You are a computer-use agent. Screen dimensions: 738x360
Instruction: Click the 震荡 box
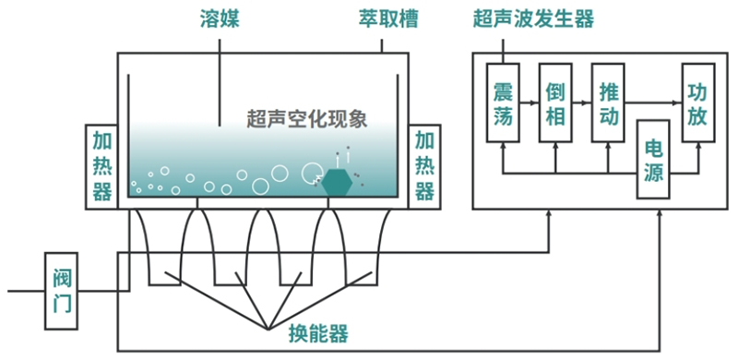click(503, 102)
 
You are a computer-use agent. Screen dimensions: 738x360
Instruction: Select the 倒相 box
click(555, 102)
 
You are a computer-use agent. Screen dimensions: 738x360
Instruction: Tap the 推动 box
click(608, 102)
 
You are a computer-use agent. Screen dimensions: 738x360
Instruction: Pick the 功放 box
click(698, 102)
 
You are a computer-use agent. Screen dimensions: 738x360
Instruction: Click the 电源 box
click(653, 160)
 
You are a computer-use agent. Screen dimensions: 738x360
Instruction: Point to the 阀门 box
click(61, 291)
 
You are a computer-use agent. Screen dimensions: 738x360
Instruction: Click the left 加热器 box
click(101, 167)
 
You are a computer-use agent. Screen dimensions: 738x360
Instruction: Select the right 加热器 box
click(424, 167)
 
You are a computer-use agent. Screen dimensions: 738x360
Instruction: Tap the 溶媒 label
click(220, 19)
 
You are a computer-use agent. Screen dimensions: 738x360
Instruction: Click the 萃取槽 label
click(387, 19)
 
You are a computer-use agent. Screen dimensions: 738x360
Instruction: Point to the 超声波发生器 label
click(534, 19)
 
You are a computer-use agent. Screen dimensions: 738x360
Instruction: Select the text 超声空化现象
click(307, 120)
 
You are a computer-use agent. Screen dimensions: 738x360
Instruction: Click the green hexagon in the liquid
click(337, 182)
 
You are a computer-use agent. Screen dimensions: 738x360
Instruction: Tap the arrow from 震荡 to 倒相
click(529, 102)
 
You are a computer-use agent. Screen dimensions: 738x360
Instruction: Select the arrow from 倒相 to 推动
click(582, 102)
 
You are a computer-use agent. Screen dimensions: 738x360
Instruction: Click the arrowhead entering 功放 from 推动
click(679, 102)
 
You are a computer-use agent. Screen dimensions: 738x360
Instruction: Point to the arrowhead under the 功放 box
click(698, 146)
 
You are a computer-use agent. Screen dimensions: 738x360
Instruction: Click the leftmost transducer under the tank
click(164, 247)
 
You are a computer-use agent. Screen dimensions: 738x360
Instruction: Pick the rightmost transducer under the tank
click(361, 247)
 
